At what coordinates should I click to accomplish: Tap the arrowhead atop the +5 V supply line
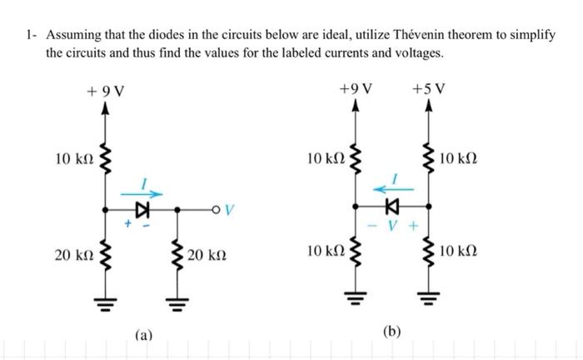pos(428,107)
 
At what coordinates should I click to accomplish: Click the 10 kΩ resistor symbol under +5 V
pos(428,157)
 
